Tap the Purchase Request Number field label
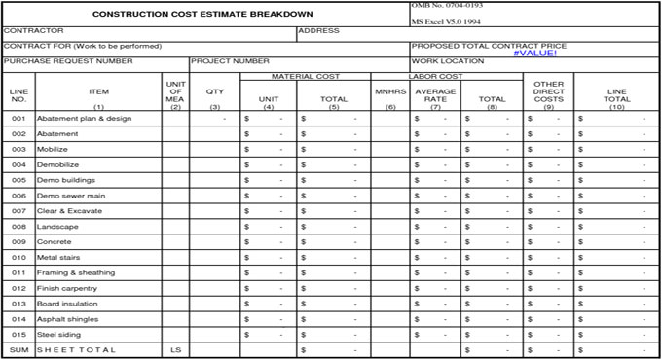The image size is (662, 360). point(68,60)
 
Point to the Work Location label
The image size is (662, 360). point(449,60)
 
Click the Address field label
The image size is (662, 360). point(318,30)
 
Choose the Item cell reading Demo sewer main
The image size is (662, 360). point(70,195)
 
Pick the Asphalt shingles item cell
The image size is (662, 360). point(67,318)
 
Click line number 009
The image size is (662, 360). point(18,241)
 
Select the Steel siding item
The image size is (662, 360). point(61,334)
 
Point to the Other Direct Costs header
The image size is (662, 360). point(548,91)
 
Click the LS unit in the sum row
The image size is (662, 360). point(175,349)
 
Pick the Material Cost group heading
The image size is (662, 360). point(305,76)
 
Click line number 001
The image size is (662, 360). point(18,118)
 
